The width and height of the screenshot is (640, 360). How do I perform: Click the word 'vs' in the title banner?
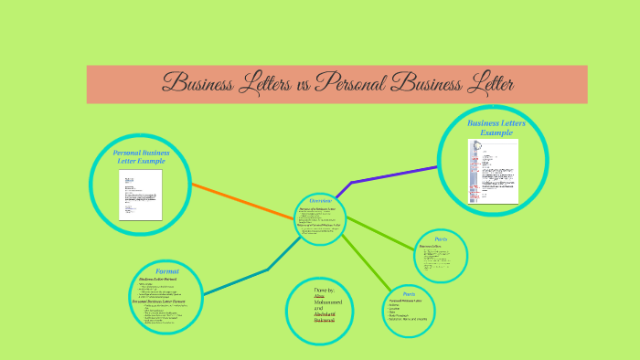303,85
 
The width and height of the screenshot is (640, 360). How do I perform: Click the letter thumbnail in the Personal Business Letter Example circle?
140,195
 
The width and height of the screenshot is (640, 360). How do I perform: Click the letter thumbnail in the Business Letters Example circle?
493,172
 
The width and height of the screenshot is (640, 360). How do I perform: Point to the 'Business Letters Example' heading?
496,127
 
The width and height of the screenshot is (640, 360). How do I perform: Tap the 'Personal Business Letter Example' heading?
141,156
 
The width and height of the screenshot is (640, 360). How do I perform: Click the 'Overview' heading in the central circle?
320,200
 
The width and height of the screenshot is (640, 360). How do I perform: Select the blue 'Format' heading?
166,271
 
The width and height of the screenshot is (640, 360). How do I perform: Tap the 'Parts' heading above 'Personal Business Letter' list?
409,294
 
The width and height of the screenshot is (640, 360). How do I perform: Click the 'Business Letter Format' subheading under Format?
158,279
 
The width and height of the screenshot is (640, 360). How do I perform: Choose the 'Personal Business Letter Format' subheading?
165,301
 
